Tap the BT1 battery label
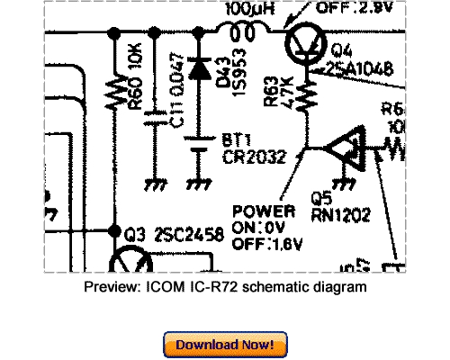pyautogui.click(x=235, y=141)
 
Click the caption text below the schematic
pyautogui.click(x=224, y=286)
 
